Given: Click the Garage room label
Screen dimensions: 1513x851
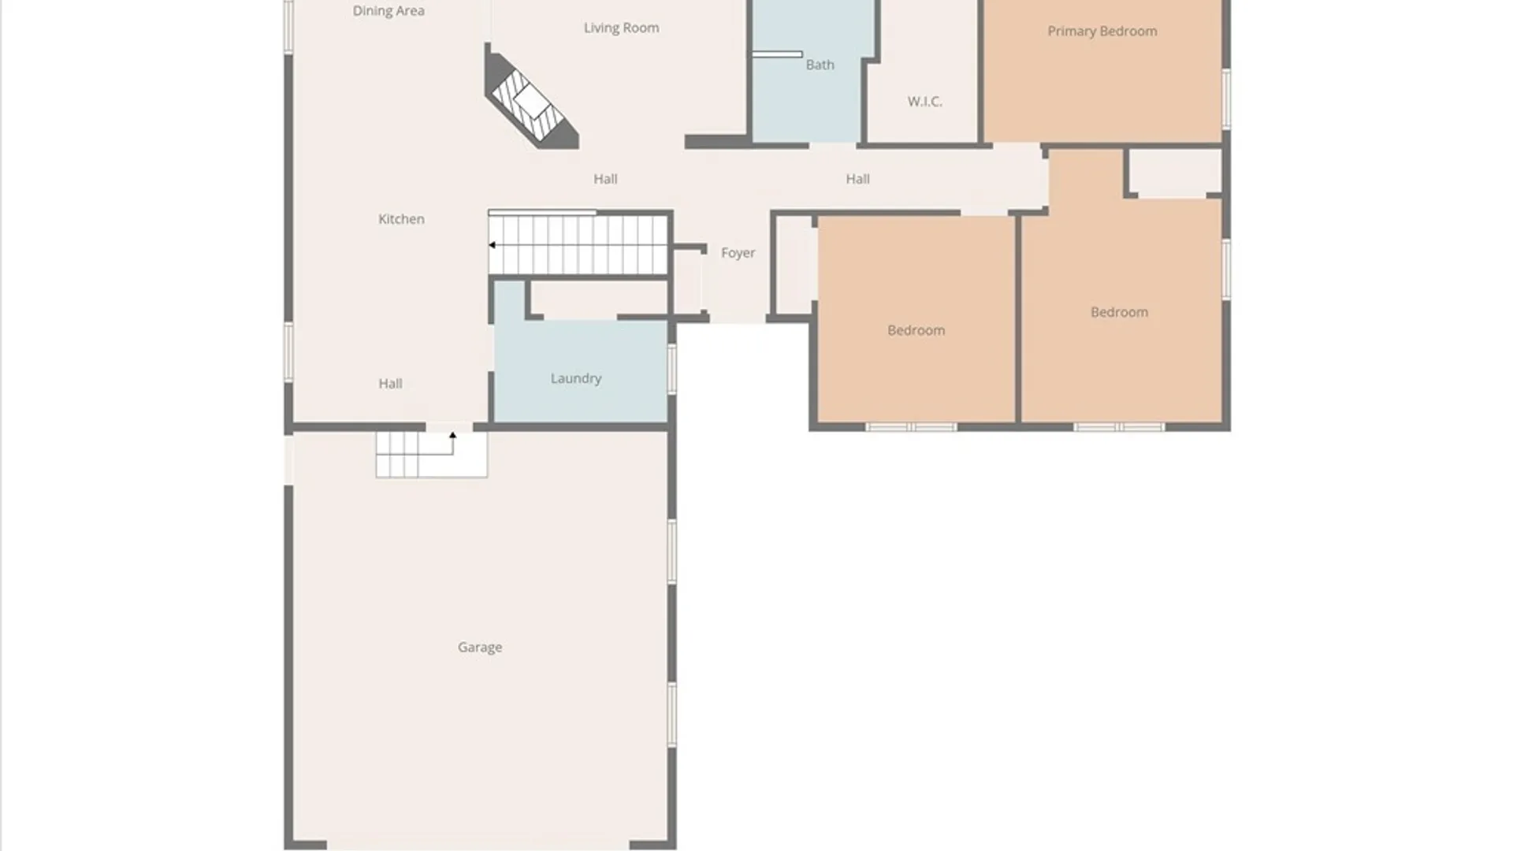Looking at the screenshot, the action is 480,648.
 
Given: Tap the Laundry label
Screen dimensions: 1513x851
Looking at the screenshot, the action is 576,379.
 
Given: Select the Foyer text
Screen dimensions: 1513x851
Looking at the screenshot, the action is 738,253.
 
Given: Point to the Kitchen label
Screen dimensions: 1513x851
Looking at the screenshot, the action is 401,219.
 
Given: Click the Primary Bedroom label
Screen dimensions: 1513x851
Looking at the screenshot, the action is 1102,32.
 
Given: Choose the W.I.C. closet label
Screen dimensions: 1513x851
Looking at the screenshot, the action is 925,102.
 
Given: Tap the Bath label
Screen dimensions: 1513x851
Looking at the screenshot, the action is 820,65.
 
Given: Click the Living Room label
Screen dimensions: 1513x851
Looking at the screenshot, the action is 622,28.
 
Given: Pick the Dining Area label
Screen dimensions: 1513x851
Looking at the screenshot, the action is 388,11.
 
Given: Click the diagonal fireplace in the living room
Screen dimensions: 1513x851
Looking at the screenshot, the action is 530,98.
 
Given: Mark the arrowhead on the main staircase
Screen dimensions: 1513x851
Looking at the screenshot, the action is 492,245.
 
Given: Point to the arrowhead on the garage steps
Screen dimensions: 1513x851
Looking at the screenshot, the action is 452,435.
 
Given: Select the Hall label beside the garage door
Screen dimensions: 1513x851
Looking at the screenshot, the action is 390,384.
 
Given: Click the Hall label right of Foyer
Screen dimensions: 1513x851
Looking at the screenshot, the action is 858,179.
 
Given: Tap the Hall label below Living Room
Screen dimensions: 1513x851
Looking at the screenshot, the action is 605,179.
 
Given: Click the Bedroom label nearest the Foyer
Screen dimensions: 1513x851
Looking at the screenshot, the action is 916,330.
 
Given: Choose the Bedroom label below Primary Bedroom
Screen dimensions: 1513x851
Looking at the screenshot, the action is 1119,312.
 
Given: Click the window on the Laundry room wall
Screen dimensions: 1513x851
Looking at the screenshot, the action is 672,369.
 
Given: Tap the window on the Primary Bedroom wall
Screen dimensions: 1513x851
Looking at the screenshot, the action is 1226,98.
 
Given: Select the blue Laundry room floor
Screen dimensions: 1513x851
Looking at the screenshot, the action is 581,370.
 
